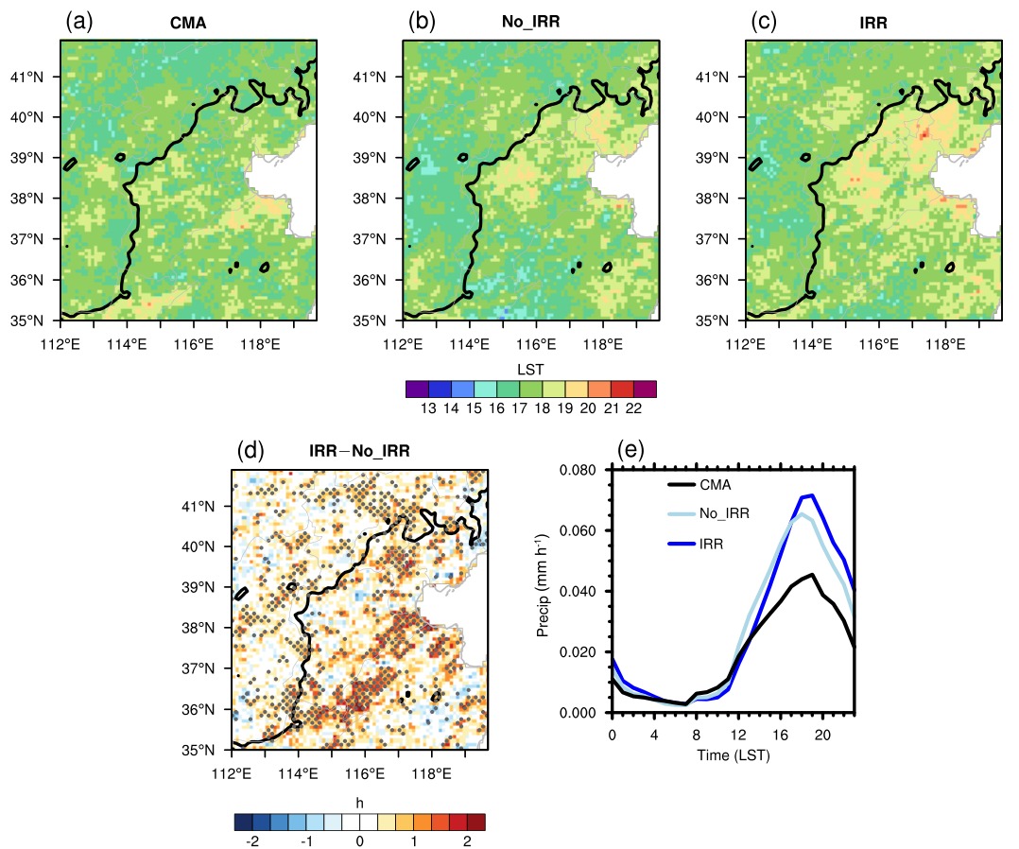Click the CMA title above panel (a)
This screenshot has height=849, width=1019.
188,23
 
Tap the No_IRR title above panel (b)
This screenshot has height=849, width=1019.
530,22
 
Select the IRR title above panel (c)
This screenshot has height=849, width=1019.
872,23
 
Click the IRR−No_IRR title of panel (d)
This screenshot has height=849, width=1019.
359,451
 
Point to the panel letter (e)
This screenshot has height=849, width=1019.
630,449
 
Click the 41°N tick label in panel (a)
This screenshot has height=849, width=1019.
26,77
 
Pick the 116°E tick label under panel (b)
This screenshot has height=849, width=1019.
536,344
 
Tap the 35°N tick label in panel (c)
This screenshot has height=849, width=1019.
712,321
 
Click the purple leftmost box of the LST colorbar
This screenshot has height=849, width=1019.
417,389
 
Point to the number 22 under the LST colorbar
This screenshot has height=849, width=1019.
633,408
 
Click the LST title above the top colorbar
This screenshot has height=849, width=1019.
530,370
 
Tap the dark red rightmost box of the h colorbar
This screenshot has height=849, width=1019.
475,822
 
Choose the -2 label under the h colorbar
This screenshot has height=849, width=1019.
252,841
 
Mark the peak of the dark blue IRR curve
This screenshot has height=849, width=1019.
812,495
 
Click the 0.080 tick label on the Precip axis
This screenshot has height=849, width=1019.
578,470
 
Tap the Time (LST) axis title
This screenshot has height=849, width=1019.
734,755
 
